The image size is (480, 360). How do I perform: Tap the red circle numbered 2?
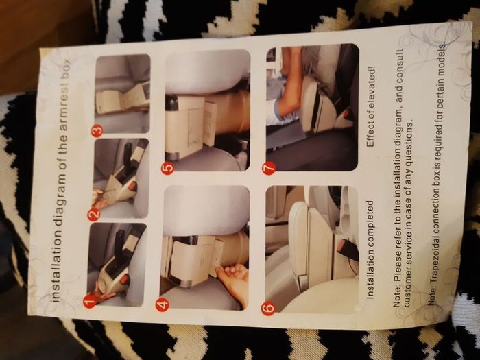coord(94,214)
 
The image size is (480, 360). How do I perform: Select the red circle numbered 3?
coord(97,131)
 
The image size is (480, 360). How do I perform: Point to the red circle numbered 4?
coord(163,304)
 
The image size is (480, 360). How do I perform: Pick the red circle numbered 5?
coord(167,168)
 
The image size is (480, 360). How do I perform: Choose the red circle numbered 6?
coord(269,308)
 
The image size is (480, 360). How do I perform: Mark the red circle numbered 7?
coord(269,168)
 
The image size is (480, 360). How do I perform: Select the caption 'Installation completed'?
coord(370,250)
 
